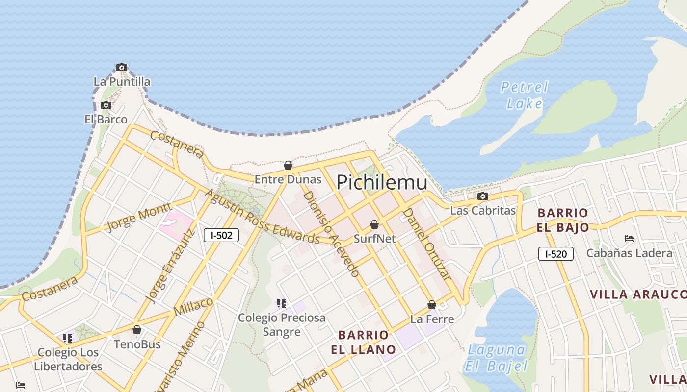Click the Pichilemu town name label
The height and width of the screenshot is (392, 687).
(382, 182)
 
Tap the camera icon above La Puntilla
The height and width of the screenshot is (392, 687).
(122, 68)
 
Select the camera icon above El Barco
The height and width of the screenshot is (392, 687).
(106, 105)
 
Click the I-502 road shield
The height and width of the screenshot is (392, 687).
(221, 235)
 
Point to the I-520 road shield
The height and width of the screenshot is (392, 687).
(555, 254)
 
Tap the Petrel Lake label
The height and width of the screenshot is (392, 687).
(524, 95)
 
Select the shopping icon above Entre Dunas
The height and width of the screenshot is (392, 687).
(288, 166)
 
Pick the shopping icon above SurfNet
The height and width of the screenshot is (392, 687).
(374, 224)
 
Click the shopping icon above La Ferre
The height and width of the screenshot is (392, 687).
(432, 305)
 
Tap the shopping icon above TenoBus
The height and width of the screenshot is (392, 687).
(137, 330)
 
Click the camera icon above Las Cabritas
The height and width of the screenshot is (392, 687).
(483, 196)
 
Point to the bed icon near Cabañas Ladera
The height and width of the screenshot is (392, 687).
(629, 239)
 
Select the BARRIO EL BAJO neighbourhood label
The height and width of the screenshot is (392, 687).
(563, 220)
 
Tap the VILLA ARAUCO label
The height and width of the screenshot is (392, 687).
(638, 294)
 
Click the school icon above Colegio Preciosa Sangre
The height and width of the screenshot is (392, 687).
(281, 303)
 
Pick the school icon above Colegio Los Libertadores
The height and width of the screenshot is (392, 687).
(68, 338)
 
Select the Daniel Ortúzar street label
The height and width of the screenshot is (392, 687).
(426, 244)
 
